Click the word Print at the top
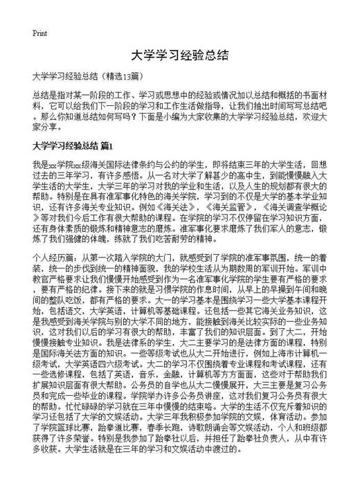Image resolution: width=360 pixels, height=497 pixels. [39, 33]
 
